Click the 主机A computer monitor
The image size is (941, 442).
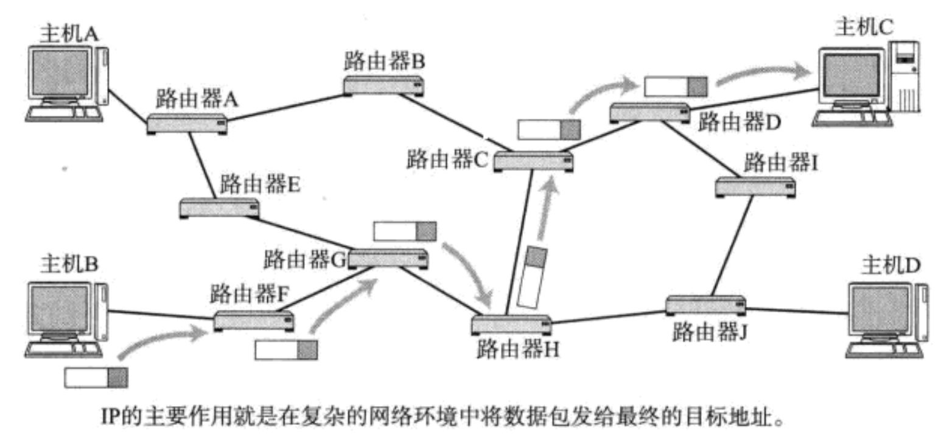click(59, 72)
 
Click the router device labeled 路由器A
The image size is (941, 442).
click(186, 124)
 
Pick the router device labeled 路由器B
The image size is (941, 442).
click(383, 85)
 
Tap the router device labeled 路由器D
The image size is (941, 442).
click(649, 112)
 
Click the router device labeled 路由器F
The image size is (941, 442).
click(254, 320)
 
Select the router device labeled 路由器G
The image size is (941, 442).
click(388, 259)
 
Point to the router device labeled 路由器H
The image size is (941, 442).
click(511, 324)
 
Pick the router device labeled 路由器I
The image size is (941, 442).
click(755, 186)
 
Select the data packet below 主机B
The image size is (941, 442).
click(96, 377)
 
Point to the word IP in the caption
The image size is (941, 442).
click(108, 420)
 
